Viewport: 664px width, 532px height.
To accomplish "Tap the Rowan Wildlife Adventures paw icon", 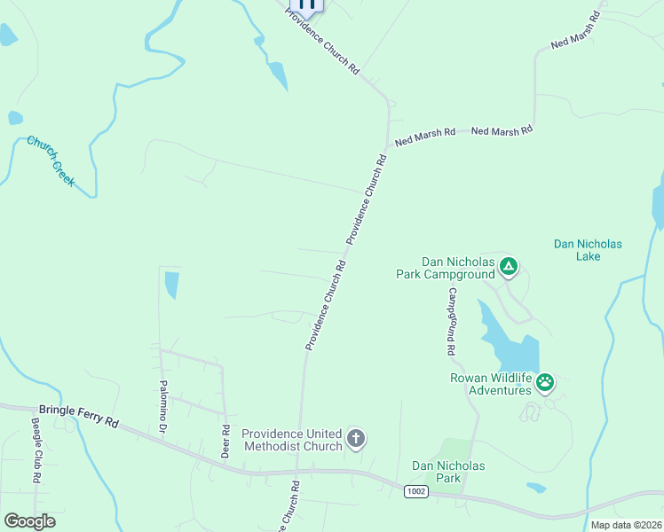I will tap(545, 383).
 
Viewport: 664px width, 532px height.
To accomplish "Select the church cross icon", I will tap(355, 438).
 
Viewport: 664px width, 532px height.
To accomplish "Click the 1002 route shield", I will tap(415, 490).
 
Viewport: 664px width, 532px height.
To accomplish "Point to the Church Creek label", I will tap(51, 161).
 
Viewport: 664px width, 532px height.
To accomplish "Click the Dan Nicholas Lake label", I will tap(588, 250).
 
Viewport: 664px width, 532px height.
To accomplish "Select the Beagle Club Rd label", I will tap(36, 450).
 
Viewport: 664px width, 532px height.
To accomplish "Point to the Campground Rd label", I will tap(452, 321).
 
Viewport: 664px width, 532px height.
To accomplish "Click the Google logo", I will tap(29, 520).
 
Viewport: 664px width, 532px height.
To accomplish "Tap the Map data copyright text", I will tap(625, 525).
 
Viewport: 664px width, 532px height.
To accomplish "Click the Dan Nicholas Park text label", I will tap(448, 472).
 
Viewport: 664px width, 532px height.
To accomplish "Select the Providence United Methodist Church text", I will tap(292, 440).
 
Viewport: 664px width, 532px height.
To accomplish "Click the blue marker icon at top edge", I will tap(306, 4).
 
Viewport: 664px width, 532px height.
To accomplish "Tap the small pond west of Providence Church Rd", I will tap(171, 285).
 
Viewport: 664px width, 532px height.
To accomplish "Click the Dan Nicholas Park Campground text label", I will tap(445, 269).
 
